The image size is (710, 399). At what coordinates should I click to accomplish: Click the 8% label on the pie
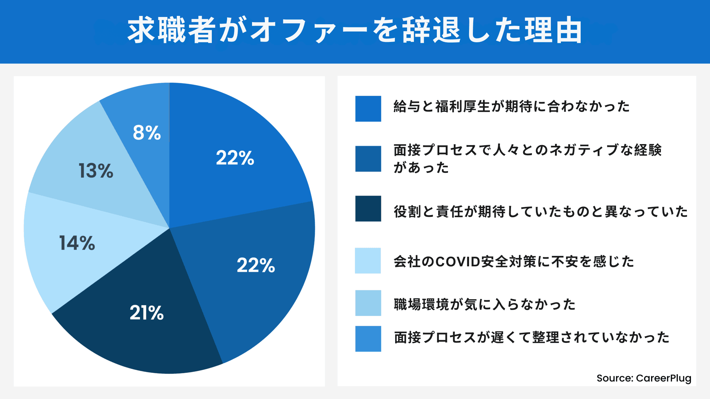pyautogui.click(x=147, y=133)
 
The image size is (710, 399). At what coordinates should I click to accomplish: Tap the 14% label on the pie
pyautogui.click(x=77, y=243)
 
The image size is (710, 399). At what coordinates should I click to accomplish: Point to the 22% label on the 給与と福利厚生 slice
pyautogui.click(x=235, y=158)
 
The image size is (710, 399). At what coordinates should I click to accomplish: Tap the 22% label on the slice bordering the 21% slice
pyautogui.click(x=256, y=266)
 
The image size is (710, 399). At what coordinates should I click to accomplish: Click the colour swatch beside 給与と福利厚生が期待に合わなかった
pyautogui.click(x=368, y=109)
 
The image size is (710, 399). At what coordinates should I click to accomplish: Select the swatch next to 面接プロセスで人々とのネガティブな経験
pyautogui.click(x=368, y=159)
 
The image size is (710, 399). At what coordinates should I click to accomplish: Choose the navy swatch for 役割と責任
pyautogui.click(x=368, y=209)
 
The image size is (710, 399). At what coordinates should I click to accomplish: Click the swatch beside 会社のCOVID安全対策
pyautogui.click(x=368, y=261)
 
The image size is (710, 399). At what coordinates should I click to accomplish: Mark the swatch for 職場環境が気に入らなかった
pyautogui.click(x=368, y=303)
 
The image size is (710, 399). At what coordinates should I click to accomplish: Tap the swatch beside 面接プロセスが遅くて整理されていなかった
pyautogui.click(x=368, y=339)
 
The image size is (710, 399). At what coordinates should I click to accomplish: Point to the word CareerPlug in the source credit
pyautogui.click(x=664, y=378)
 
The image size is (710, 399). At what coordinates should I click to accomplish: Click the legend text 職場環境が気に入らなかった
pyautogui.click(x=485, y=304)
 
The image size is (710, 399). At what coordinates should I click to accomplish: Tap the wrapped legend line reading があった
pyautogui.click(x=421, y=168)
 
